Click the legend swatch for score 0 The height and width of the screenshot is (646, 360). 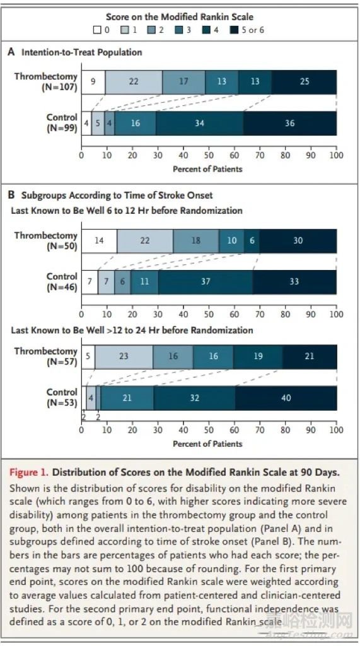pyautogui.click(x=97, y=30)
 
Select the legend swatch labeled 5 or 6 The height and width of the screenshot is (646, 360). pyautogui.click(x=235, y=30)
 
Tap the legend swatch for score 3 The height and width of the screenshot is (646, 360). pyautogui.click(x=179, y=30)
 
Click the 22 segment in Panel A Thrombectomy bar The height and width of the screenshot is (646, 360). pyautogui.click(x=134, y=81)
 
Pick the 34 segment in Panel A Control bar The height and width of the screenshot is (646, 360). pyautogui.click(x=199, y=123)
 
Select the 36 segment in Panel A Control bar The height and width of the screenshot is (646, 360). pyautogui.click(x=290, y=123)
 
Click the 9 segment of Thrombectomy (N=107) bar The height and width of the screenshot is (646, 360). pyautogui.click(x=93, y=81)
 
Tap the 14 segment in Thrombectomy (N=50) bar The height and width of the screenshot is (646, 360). pyautogui.click(x=99, y=240)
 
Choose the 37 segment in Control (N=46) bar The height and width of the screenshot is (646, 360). pyautogui.click(x=205, y=282)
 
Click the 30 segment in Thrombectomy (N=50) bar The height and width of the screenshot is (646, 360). pyautogui.click(x=298, y=240)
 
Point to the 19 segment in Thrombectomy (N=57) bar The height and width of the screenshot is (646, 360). pyautogui.click(x=258, y=356)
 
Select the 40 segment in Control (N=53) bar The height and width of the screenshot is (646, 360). pyautogui.click(x=286, y=398)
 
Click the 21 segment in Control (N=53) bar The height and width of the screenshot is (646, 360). pyautogui.click(x=127, y=398)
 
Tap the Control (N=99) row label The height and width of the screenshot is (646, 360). pyautogui.click(x=62, y=123)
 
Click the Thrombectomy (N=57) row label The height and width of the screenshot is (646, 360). pyautogui.click(x=46, y=356)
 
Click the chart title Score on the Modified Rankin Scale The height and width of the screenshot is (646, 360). pyautogui.click(x=180, y=17)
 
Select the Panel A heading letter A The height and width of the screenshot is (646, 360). pyautogui.click(x=11, y=52)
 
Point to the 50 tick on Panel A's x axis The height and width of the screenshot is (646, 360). pyautogui.click(x=209, y=155)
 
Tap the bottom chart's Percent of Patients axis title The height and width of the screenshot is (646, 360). pyautogui.click(x=207, y=443)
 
